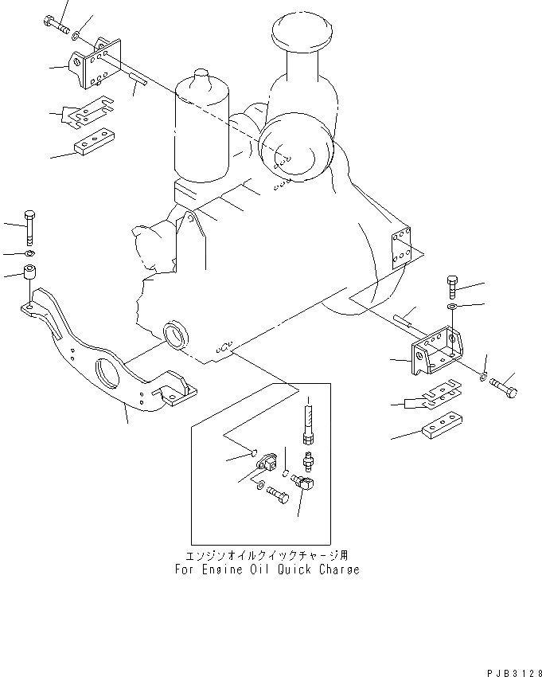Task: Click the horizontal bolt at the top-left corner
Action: [x=55, y=24]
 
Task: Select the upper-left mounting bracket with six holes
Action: [x=95, y=62]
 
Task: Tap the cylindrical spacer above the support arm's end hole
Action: [x=29, y=272]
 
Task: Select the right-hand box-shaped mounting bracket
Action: [x=434, y=350]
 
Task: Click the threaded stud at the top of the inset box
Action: [x=306, y=421]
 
